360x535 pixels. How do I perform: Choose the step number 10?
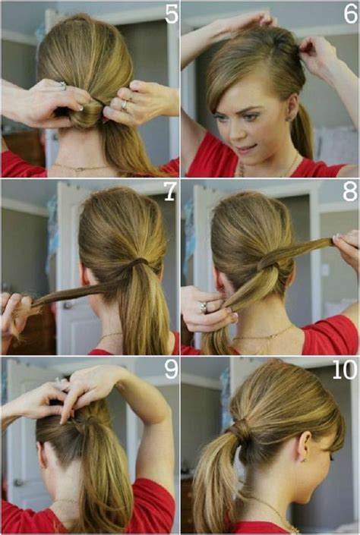tap(343, 370)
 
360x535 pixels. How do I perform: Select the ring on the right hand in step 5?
tap(125, 105)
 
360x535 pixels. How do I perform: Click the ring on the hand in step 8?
tap(203, 307)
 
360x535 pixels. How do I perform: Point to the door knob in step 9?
tap(17, 482)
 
